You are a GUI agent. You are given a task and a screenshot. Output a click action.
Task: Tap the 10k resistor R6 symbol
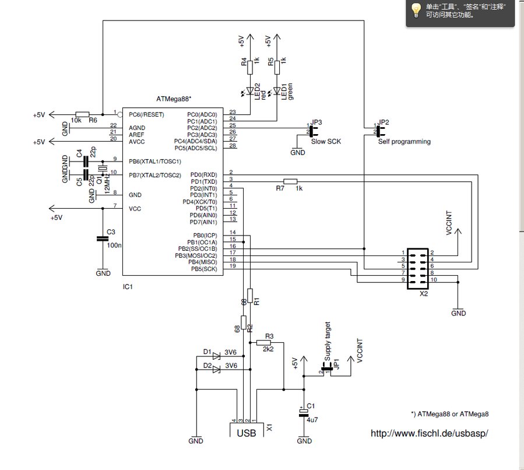tap(82, 114)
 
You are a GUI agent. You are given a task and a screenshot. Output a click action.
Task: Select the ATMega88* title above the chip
tap(175, 100)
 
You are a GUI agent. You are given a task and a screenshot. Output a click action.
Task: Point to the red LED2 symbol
tap(250, 91)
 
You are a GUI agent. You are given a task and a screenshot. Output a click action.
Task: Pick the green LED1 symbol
tap(277, 91)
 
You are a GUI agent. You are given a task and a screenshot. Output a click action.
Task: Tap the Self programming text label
tap(404, 142)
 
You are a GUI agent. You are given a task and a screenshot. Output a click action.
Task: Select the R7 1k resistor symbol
tap(290, 181)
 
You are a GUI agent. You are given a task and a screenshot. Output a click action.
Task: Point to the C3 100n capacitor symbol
tap(103, 238)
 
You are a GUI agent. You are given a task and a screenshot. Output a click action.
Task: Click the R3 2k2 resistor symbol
tap(269, 343)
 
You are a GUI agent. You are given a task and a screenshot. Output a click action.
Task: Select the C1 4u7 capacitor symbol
tap(304, 413)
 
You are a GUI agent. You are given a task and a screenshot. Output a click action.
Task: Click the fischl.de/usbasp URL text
tap(429, 433)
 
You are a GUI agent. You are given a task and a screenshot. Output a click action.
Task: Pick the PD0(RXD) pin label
tap(204, 174)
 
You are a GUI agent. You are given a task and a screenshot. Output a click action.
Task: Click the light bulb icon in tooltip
tap(416, 10)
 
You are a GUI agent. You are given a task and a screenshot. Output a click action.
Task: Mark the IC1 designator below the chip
tap(129, 286)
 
